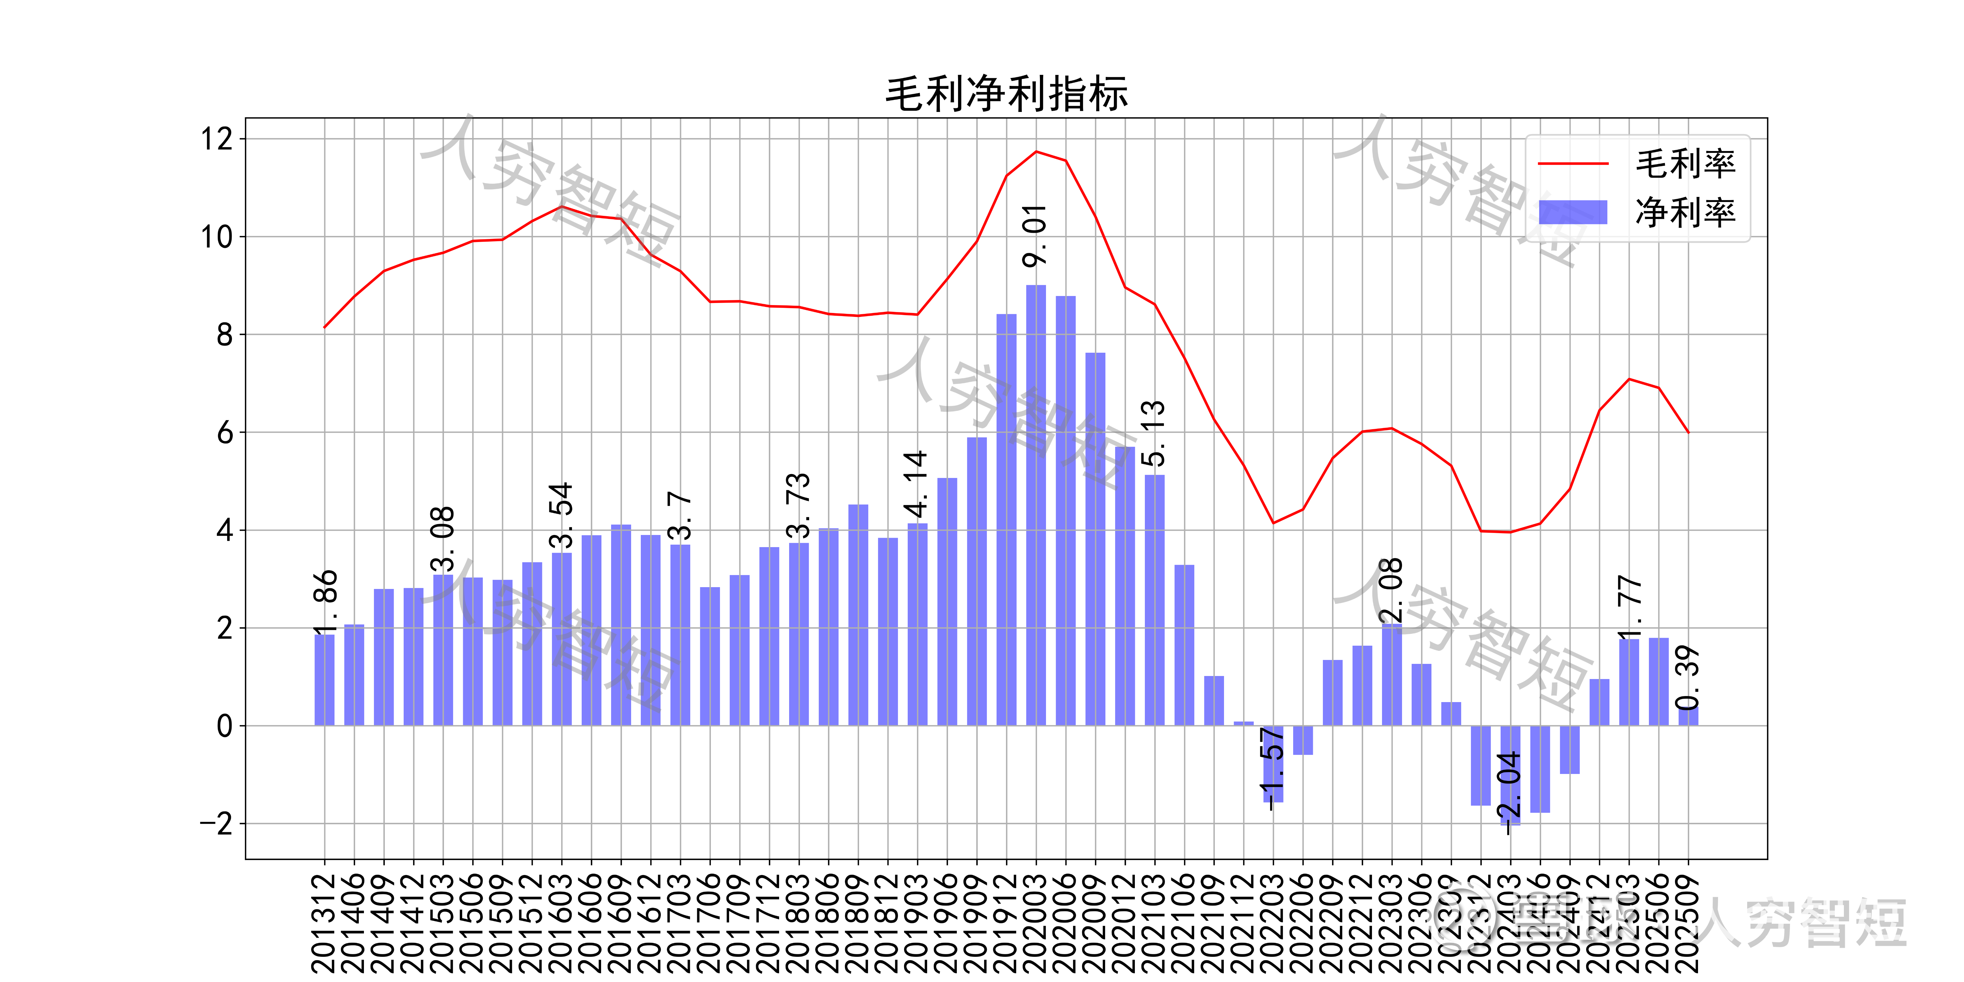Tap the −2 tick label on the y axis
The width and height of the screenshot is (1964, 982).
coord(217,824)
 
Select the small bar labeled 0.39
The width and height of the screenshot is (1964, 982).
coord(1688,717)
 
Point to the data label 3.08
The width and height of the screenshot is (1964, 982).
coord(442,539)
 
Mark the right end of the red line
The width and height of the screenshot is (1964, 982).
coord(1688,432)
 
